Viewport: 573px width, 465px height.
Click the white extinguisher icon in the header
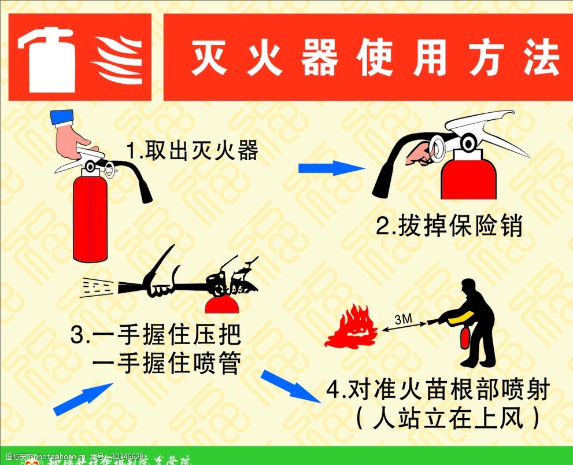click(47, 60)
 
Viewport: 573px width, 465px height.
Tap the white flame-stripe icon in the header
click(118, 60)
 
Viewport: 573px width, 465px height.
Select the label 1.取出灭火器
click(192, 152)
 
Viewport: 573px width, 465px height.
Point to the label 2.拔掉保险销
click(449, 227)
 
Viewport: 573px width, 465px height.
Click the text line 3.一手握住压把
click(155, 335)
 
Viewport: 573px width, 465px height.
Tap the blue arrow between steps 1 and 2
click(331, 168)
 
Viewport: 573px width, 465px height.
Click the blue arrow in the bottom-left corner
click(83, 399)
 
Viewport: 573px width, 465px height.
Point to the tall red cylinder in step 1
click(90, 219)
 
